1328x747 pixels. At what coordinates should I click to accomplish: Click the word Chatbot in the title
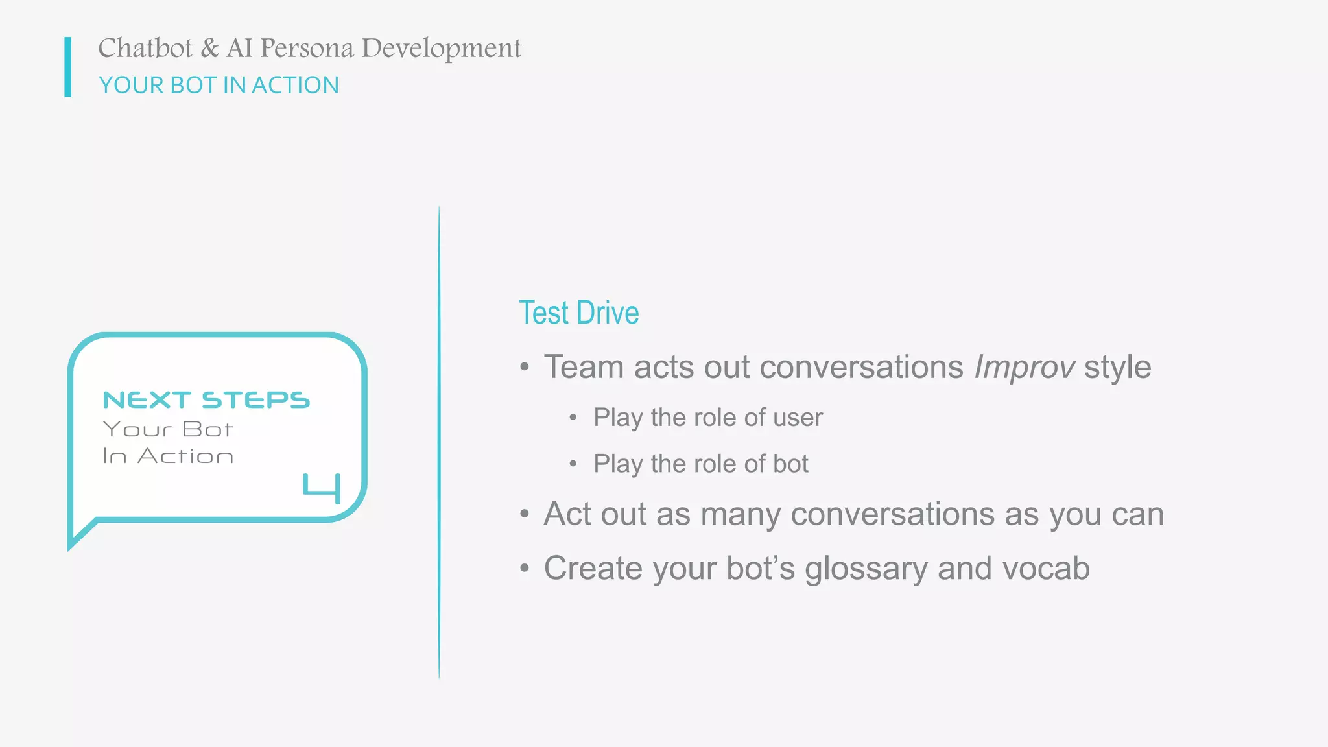point(145,48)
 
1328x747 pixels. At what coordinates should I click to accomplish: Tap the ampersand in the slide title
point(209,48)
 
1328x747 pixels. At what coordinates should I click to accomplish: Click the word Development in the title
point(441,48)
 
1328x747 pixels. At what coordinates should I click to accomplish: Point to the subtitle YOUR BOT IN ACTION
point(219,85)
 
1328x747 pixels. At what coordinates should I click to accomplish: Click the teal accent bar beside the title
point(67,67)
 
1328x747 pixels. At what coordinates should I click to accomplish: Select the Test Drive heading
point(578,313)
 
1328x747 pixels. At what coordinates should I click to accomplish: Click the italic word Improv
point(1024,367)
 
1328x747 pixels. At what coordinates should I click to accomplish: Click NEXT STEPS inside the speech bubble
point(206,400)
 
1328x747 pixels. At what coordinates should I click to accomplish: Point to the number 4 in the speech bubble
point(322,488)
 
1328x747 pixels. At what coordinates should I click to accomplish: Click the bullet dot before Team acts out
point(525,367)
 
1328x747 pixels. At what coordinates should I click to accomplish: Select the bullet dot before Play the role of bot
point(573,464)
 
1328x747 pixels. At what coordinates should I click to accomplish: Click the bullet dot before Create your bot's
point(525,569)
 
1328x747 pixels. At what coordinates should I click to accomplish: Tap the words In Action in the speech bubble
point(168,456)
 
